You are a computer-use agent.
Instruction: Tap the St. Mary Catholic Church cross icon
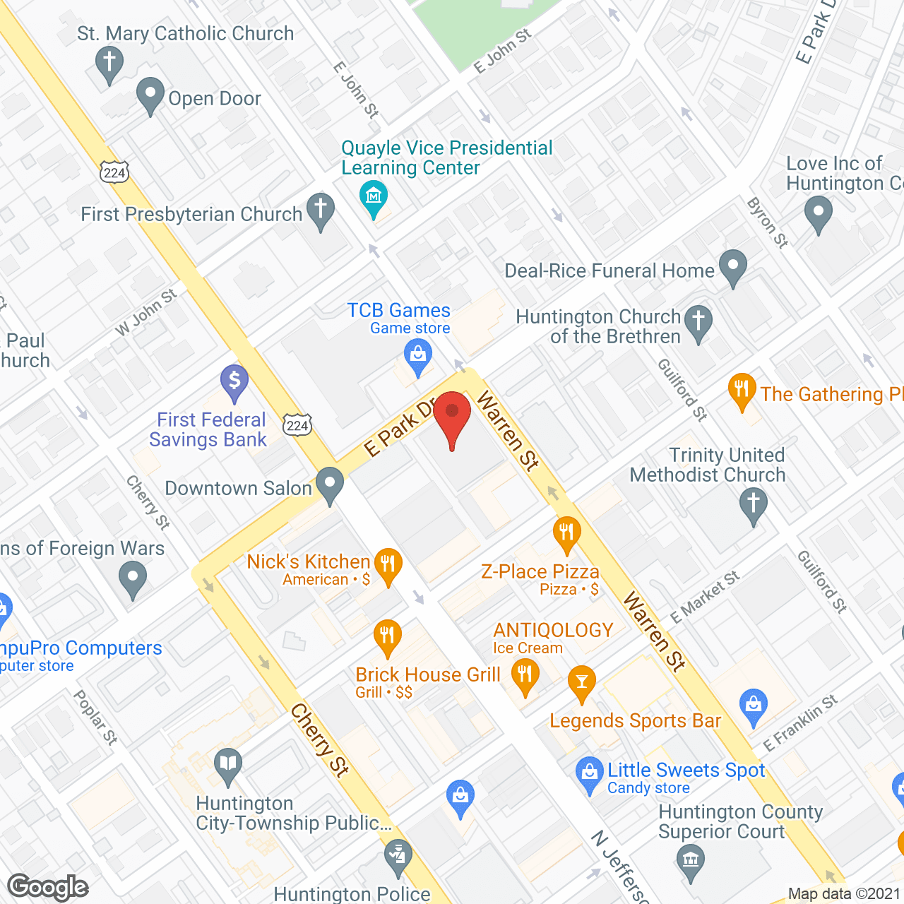[109, 61]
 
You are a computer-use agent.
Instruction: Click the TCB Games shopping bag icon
[418, 353]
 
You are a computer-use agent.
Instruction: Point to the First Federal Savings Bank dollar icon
[234, 381]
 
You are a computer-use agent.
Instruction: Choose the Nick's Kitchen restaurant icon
[388, 564]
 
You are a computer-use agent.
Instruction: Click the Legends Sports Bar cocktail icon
[581, 682]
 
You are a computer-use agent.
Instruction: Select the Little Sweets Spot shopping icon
[589, 772]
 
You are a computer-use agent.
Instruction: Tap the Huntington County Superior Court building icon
[690, 861]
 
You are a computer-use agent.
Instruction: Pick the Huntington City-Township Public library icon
[227, 764]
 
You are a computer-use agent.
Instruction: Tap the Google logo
[48, 886]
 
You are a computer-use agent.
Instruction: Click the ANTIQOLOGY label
[553, 630]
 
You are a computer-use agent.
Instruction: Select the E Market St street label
[704, 597]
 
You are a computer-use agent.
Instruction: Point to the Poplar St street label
[95, 717]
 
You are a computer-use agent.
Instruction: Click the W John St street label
[146, 312]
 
